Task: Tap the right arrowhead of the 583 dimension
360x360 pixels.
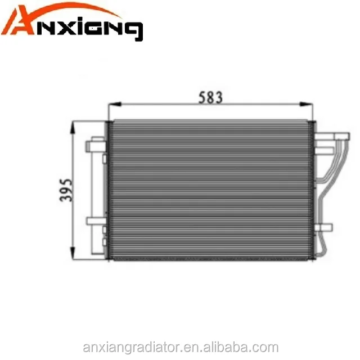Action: point(308,104)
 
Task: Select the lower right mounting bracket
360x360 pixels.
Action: point(325,227)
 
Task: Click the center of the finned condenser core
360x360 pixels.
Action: point(211,190)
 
